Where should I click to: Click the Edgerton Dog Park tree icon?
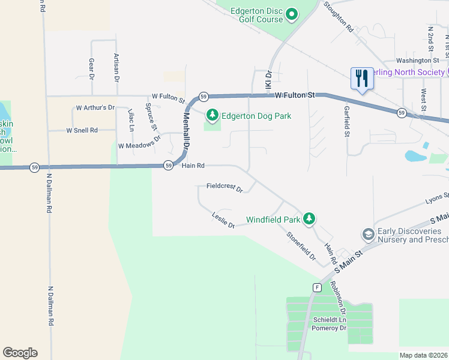click(x=212, y=115)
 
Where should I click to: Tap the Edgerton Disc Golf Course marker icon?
click(x=292, y=14)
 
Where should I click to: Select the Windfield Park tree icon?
click(x=309, y=219)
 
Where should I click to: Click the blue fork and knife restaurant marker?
click(x=362, y=79)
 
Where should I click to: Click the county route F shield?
click(x=316, y=287)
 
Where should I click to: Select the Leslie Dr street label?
click(x=223, y=220)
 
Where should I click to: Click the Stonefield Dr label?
click(x=301, y=245)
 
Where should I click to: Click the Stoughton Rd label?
click(x=339, y=16)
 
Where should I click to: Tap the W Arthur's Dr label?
click(x=95, y=108)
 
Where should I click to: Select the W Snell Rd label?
click(x=82, y=130)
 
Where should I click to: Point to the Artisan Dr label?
click(x=116, y=67)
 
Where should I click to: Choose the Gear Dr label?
click(x=92, y=69)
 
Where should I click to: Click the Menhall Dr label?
click(x=186, y=130)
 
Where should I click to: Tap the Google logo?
click(x=20, y=353)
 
